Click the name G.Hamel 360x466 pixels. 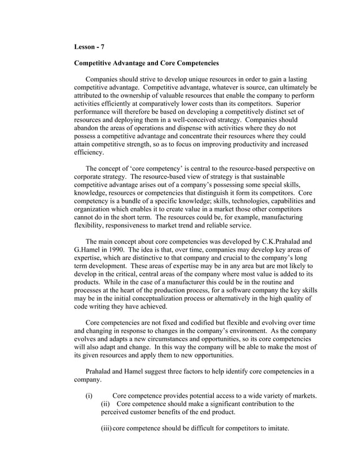tap(90, 249)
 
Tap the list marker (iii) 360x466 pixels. tap(106, 428)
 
